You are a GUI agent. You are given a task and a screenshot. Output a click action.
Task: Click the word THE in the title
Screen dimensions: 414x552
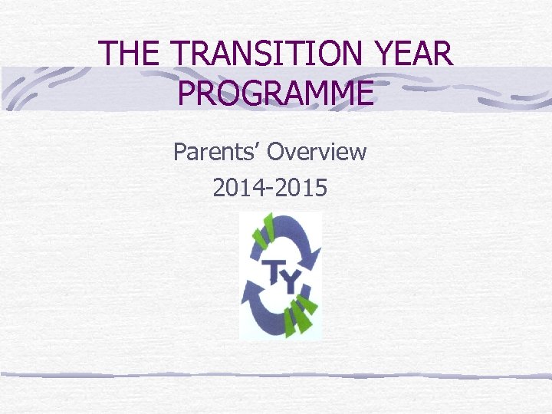130,53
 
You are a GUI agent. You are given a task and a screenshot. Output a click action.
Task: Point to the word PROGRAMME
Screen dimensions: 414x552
276,92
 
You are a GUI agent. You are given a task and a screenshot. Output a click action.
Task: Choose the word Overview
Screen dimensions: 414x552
317,152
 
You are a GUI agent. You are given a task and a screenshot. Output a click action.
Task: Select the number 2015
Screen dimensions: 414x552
302,187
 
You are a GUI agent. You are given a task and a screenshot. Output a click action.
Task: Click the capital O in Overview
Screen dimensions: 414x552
277,152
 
